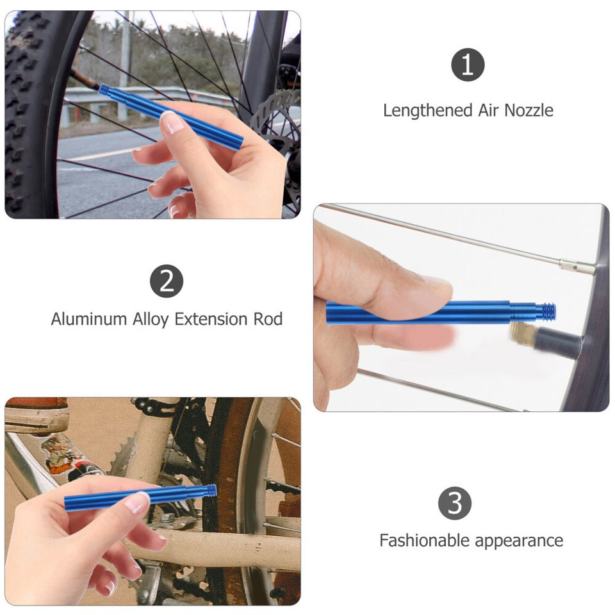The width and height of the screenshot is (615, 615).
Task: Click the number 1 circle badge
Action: (x=468, y=65)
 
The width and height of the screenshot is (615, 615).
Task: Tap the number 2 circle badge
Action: (x=167, y=281)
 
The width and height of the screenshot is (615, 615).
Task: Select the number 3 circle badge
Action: (x=454, y=503)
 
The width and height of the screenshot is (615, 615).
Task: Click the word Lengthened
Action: (x=427, y=111)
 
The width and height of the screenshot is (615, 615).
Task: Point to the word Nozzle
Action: (x=529, y=111)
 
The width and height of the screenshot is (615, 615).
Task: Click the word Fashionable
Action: (x=429, y=540)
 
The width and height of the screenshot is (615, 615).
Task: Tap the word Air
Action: (x=488, y=111)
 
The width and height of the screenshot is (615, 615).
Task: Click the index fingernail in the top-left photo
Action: (x=172, y=122)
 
